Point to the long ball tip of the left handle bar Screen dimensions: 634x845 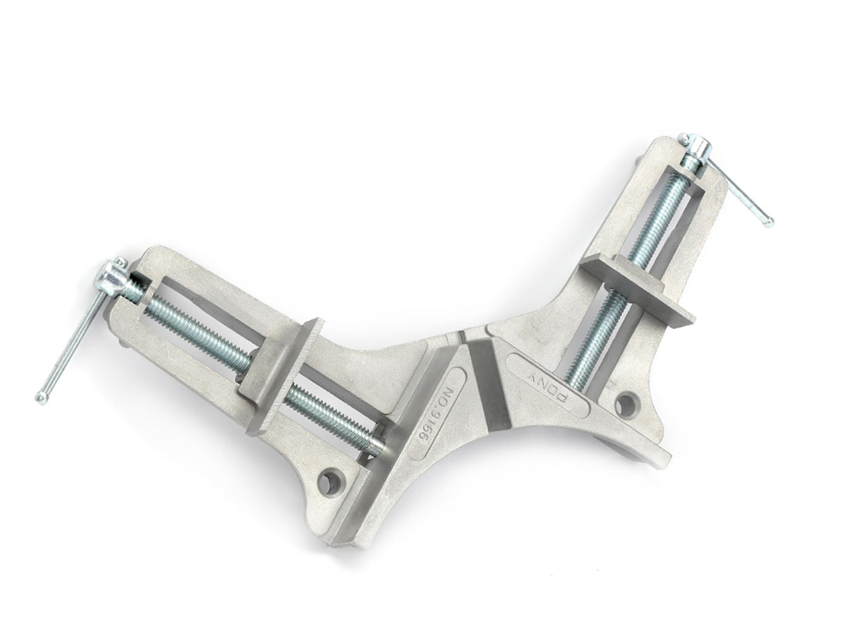tap(41, 397)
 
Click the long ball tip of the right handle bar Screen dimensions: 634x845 tap(768, 223)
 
